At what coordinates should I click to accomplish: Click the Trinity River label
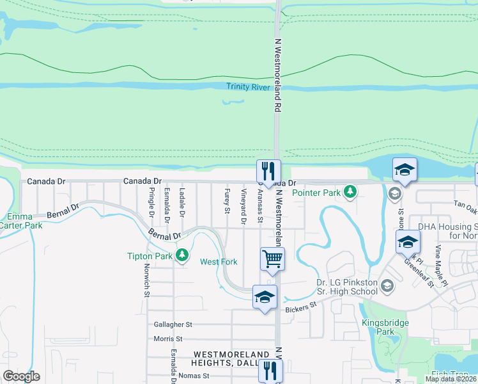tap(247, 86)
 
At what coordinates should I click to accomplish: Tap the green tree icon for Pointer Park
tap(350, 191)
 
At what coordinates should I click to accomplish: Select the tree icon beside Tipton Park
tap(182, 256)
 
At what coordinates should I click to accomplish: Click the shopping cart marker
tap(272, 259)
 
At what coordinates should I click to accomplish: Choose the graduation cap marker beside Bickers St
tap(264, 296)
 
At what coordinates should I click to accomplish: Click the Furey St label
tap(227, 198)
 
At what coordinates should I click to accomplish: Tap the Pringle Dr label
tap(151, 200)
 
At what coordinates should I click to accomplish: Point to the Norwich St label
tap(146, 282)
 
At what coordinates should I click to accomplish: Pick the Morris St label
tap(169, 339)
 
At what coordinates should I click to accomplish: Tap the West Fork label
tap(219, 262)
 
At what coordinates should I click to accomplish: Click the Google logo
tap(21, 376)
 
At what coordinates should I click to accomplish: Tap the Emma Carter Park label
tap(24, 221)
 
